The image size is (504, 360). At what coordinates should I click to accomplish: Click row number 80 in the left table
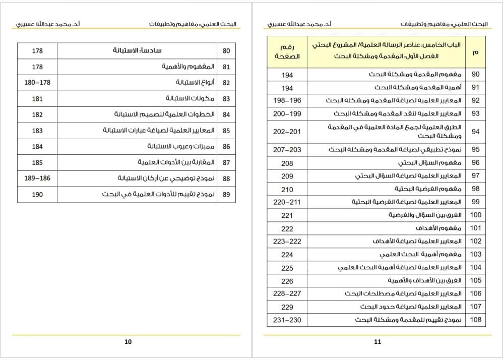coord(226,51)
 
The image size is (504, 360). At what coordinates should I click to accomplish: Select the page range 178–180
coord(37,83)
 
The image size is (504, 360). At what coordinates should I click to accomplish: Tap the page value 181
coord(37,99)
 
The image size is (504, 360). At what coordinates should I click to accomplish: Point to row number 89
coord(226,194)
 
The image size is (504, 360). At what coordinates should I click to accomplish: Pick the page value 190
coord(37,194)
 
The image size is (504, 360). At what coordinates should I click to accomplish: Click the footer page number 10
coord(128,341)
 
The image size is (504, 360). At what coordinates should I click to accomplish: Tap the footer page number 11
coord(378,341)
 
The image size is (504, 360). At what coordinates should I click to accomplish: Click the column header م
coord(476,52)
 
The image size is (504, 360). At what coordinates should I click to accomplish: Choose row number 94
coord(476,132)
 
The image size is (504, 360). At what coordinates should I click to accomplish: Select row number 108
coord(476,320)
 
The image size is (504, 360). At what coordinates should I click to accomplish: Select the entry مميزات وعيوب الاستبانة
coord(181,146)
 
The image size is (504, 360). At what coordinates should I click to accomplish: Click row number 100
coord(476,215)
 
